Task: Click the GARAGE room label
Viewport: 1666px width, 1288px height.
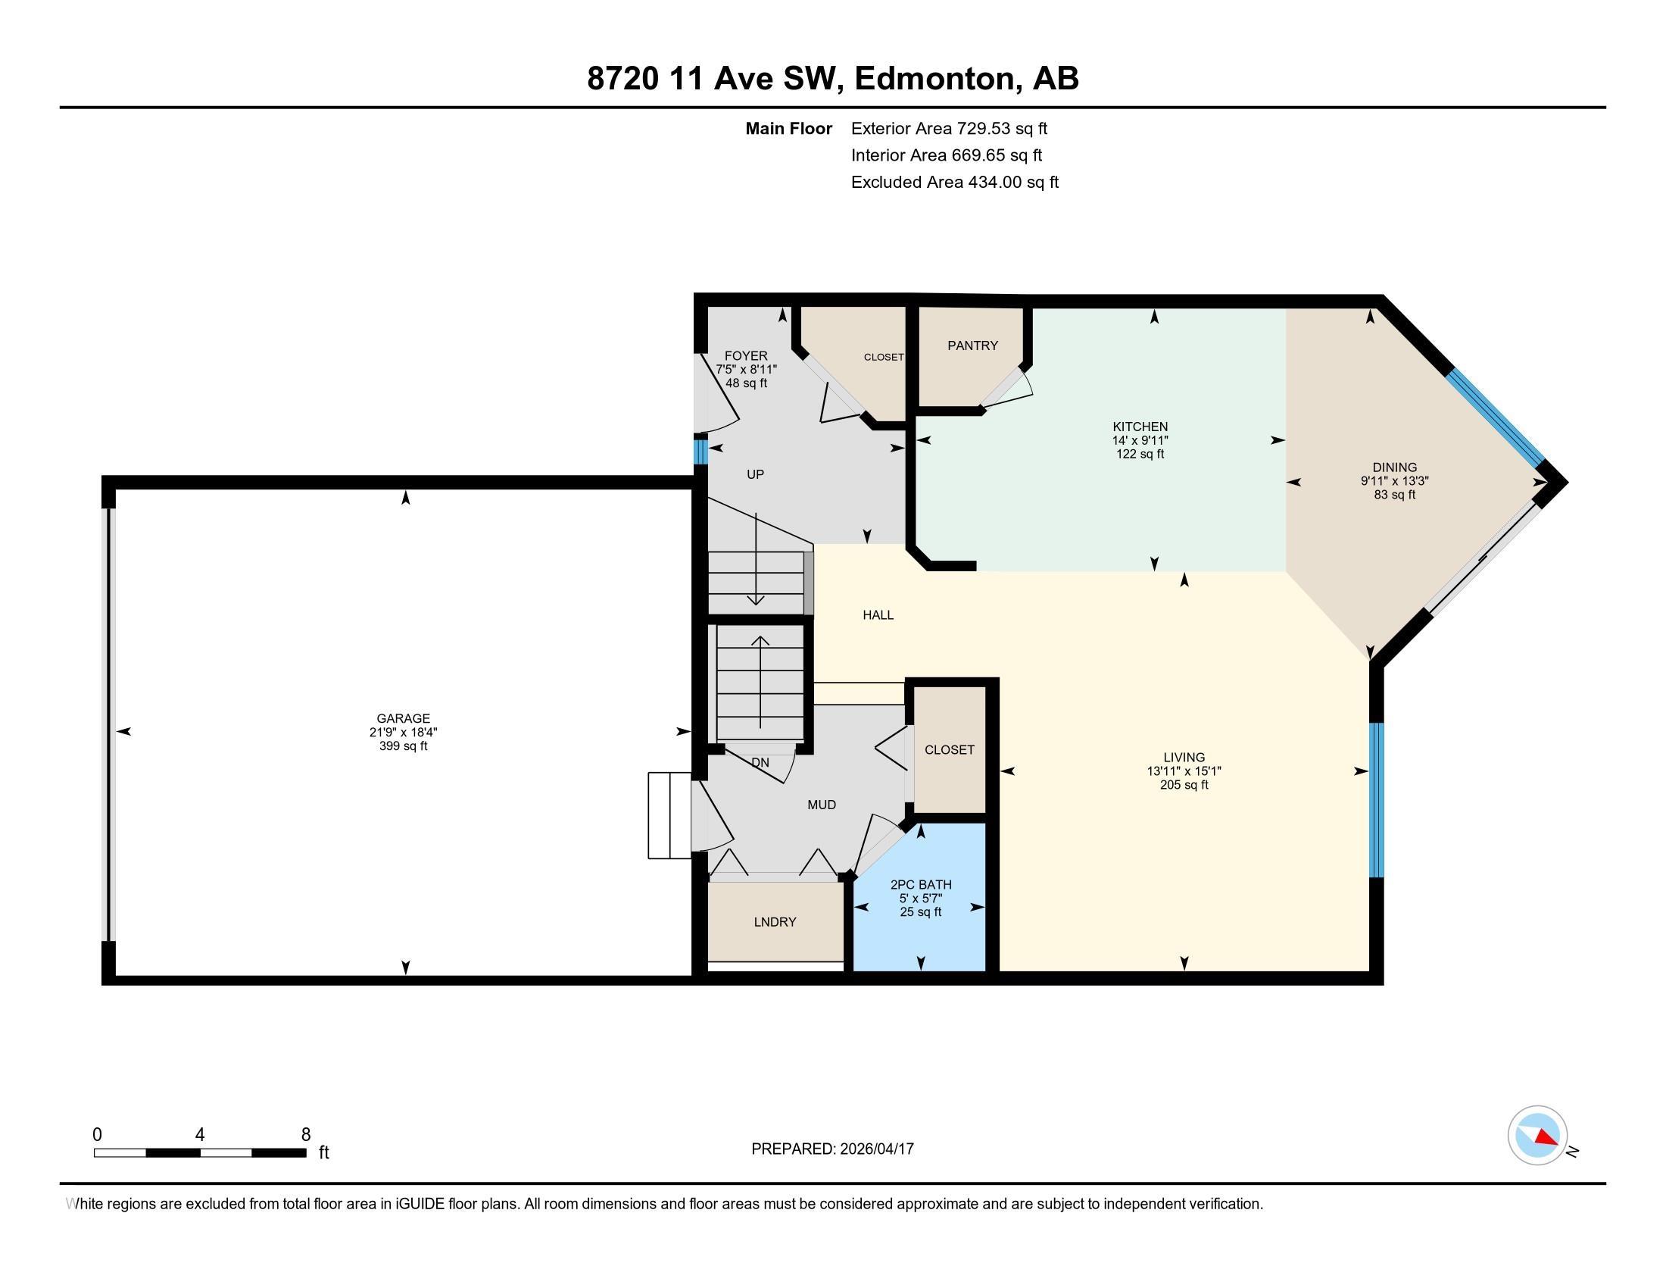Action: click(403, 718)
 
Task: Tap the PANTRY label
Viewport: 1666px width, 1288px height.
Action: click(972, 345)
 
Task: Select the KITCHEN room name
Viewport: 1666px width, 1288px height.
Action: click(1140, 427)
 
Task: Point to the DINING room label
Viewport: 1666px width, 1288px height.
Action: click(1394, 467)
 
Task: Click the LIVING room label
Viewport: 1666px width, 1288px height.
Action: click(1184, 758)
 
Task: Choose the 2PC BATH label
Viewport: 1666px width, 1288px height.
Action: click(921, 885)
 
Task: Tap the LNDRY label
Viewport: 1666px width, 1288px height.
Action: click(775, 922)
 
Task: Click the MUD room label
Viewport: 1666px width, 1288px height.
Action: click(822, 804)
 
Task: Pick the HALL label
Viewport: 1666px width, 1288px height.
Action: click(878, 615)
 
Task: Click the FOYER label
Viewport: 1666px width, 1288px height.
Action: click(746, 355)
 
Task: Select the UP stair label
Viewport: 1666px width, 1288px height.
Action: click(755, 474)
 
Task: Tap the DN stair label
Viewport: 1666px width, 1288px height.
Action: click(760, 762)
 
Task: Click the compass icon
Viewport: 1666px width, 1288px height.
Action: click(1537, 1136)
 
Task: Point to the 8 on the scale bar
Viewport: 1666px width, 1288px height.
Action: click(306, 1135)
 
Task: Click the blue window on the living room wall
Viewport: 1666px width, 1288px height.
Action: click(1376, 800)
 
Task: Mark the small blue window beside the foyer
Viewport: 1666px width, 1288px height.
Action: click(700, 449)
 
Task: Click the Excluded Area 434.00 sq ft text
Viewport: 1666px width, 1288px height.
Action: click(955, 183)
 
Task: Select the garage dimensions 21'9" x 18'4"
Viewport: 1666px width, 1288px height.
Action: click(403, 733)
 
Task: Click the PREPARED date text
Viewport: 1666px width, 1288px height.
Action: click(832, 1149)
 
